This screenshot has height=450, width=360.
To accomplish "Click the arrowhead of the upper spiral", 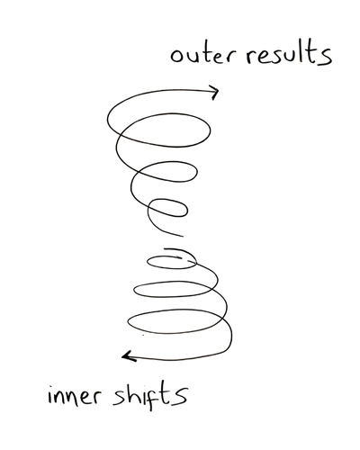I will (x=214, y=91).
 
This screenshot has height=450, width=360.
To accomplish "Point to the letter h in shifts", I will (x=141, y=392).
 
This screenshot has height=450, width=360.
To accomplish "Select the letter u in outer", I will (x=191, y=58).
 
